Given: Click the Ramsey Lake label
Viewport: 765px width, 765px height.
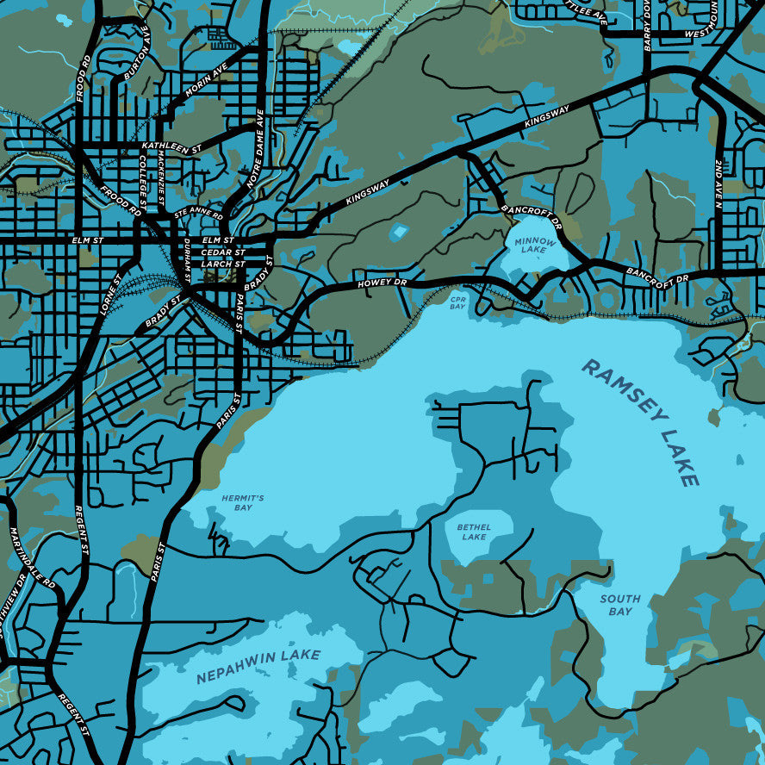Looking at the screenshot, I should pyautogui.click(x=641, y=422).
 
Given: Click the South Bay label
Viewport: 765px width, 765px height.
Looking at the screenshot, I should pyautogui.click(x=620, y=605).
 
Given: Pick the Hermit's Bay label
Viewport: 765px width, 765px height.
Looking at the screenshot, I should pyautogui.click(x=236, y=503).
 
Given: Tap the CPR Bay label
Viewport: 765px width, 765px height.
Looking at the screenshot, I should pyautogui.click(x=457, y=303).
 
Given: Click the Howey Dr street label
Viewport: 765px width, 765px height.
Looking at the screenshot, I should pyautogui.click(x=382, y=283).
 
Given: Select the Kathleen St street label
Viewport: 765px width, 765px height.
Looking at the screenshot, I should pyautogui.click(x=171, y=147).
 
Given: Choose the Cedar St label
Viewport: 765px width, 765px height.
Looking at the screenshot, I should pyautogui.click(x=217, y=252).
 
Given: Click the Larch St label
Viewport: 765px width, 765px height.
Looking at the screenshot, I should pyautogui.click(x=223, y=264).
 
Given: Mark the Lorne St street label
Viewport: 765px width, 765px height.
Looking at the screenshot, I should pyautogui.click(x=110, y=294).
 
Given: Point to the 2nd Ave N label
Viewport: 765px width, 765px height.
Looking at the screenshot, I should pyautogui.click(x=718, y=186).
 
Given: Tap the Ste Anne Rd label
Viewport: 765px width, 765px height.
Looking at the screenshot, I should pyautogui.click(x=198, y=212).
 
